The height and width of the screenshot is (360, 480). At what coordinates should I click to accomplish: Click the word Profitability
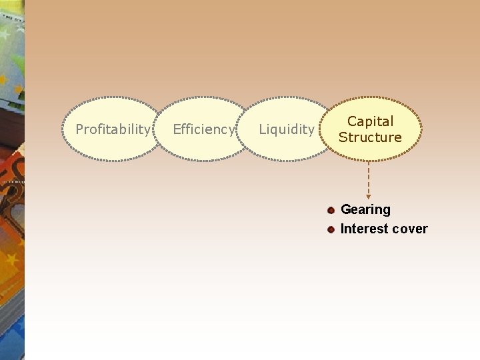point(113,129)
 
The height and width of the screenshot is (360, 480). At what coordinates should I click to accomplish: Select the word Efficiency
point(203,129)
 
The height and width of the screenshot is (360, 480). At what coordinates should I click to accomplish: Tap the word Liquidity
point(286,129)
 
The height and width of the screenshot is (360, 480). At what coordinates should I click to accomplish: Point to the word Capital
point(370,121)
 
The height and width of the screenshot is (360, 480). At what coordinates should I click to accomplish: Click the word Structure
point(370,137)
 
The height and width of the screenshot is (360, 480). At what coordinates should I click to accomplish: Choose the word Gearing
point(365,210)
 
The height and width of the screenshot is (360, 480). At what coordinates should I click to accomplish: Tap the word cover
point(410,229)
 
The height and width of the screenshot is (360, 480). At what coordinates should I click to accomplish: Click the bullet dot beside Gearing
point(331,210)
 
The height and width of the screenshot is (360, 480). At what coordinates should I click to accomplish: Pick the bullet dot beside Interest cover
point(331,229)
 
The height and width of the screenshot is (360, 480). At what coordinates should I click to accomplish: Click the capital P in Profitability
point(79,129)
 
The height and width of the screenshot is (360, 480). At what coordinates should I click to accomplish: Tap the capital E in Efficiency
point(177,129)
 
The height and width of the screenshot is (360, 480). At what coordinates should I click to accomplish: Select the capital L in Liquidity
point(262,129)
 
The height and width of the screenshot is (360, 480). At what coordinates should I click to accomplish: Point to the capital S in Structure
point(343,137)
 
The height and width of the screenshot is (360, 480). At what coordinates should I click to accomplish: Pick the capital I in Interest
point(343,229)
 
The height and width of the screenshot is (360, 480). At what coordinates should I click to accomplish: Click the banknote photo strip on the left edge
point(12,180)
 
